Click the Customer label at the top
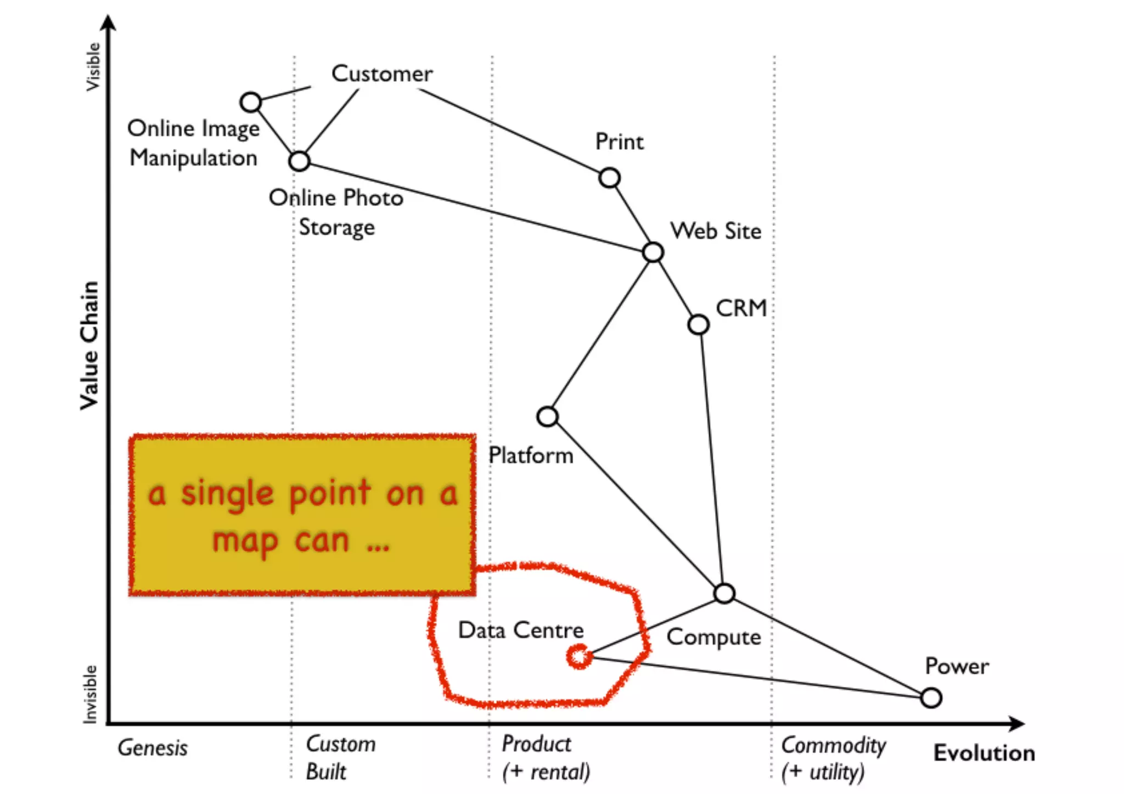tap(382, 74)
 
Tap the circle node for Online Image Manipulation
tap(251, 102)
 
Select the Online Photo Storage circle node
tap(299, 161)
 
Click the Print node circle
tap(609, 178)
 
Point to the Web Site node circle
tap(653, 252)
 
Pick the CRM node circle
tap(698, 324)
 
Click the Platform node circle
tap(547, 416)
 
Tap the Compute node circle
tap(724, 593)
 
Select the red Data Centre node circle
tap(579, 656)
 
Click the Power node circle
tap(931, 698)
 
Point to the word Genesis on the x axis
tap(153, 748)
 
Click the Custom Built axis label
tap(340, 758)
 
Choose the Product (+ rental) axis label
tap(546, 758)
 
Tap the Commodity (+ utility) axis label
tap(833, 758)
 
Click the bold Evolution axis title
tap(984, 753)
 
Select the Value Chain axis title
tap(89, 345)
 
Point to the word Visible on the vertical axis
tap(93, 67)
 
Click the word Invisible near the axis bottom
tap(89, 694)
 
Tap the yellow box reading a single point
tap(302, 515)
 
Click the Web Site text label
tap(716, 231)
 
